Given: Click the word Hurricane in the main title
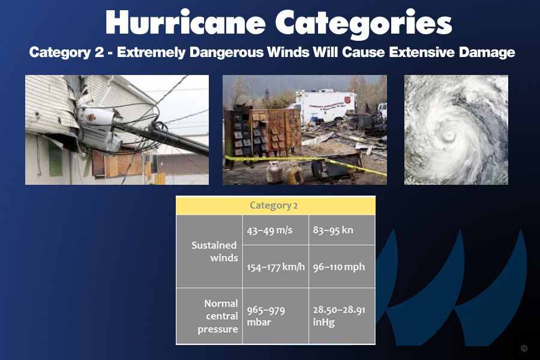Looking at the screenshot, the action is [185, 22].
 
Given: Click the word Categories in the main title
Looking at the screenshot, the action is [364, 23].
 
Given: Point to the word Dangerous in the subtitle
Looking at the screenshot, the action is [227, 52].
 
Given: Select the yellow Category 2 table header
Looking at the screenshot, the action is [275, 205].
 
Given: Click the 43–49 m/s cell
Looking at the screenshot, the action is [275, 230].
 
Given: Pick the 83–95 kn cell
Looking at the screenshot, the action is [341, 230].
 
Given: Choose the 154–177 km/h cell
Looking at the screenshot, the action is [275, 266].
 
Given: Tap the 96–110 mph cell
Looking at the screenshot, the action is [341, 266].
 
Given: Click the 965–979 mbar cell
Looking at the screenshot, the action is [275, 316].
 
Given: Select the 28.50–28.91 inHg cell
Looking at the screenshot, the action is [341, 316].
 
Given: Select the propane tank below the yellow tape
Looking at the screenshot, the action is [274, 172].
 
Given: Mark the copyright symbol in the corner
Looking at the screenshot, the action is [524, 348].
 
